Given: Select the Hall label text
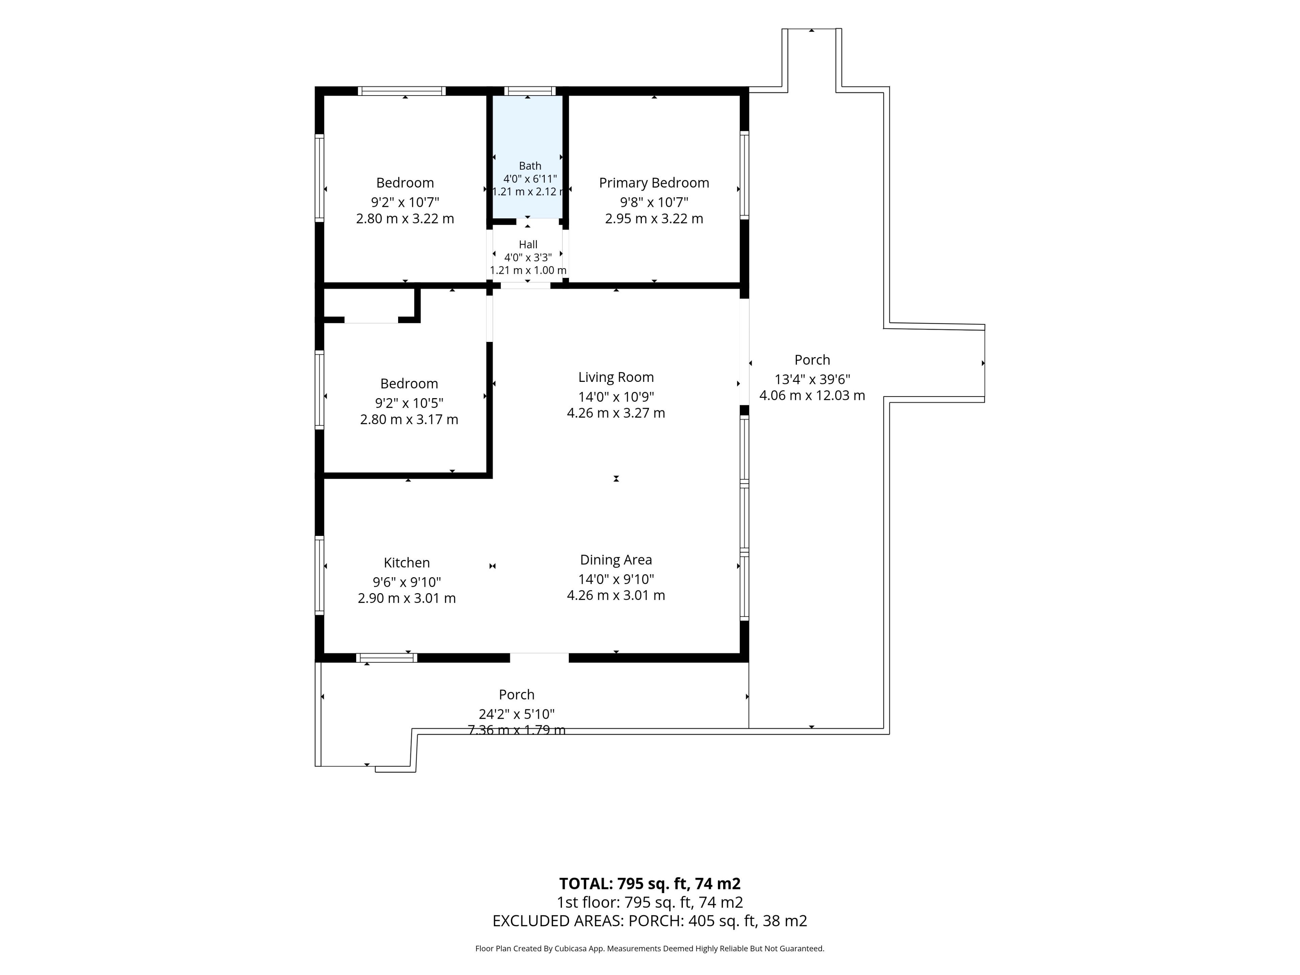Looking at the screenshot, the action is [528, 244].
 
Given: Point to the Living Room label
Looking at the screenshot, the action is [616, 377].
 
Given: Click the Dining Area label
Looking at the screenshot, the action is [616, 560].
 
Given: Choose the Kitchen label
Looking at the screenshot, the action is [407, 562].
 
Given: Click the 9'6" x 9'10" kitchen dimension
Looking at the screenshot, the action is [407, 582].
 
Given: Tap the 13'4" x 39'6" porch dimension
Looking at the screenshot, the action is [812, 379].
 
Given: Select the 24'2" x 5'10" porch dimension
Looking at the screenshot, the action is [517, 714].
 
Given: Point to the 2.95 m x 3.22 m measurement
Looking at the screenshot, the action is [654, 219].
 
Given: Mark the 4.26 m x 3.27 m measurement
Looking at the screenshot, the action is [616, 413].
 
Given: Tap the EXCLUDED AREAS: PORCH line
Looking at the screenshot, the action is [650, 920].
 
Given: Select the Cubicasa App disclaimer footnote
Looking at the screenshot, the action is [650, 948].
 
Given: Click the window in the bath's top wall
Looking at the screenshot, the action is [529, 91].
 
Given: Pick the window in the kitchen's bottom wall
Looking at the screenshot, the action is [387, 658].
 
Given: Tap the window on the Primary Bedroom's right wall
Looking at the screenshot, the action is [744, 175].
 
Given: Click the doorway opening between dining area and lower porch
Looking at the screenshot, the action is [539, 658].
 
